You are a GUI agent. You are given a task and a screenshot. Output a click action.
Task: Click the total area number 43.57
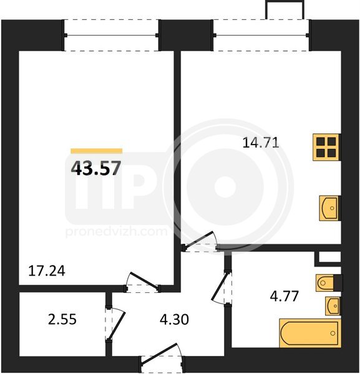[x=96, y=168]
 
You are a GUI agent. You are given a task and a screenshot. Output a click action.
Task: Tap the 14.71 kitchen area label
[x=261, y=143]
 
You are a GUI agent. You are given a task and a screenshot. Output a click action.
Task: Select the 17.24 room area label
[x=47, y=271]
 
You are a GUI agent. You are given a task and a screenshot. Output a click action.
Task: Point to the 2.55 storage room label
[x=62, y=319]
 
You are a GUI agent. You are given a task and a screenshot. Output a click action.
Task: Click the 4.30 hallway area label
[x=174, y=319]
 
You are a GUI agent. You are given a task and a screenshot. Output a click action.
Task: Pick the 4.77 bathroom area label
[x=284, y=297]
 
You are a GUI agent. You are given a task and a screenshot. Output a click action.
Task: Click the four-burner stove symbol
[x=326, y=147]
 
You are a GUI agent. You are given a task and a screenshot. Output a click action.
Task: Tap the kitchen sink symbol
[x=330, y=208]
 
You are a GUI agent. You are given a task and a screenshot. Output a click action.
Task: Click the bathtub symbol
[x=310, y=333]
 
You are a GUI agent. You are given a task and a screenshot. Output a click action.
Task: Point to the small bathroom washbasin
[x=333, y=306]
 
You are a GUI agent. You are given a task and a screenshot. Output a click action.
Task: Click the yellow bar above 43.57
[x=97, y=151]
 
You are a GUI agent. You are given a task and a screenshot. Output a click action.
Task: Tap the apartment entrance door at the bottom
[x=162, y=358]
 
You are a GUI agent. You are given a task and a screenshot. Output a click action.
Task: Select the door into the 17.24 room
[x=143, y=282]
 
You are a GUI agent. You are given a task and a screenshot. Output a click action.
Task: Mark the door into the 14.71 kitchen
[x=200, y=241]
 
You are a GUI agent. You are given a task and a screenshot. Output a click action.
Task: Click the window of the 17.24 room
[x=111, y=36]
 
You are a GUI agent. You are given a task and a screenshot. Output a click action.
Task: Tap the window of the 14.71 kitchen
[x=261, y=36]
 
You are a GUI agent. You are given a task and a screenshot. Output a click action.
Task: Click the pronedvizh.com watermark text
[x=116, y=232]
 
